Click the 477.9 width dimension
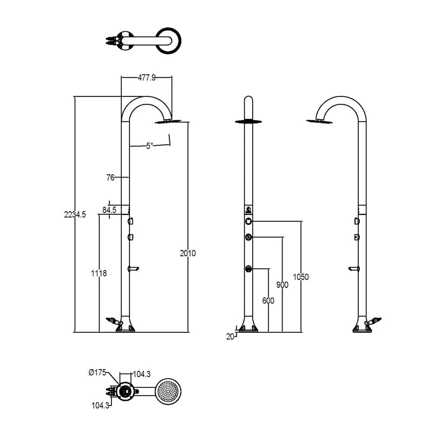(146, 78)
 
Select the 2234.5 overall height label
(75, 214)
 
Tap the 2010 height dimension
(188, 253)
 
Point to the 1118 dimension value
(99, 273)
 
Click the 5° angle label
(149, 146)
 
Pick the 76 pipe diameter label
(110, 178)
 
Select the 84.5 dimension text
(109, 210)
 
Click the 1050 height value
(301, 277)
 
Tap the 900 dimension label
(282, 285)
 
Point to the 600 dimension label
(268, 300)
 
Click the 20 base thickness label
(230, 337)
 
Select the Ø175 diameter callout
(97, 372)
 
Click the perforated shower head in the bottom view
(168, 391)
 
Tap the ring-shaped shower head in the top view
(168, 41)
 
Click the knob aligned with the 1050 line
(248, 221)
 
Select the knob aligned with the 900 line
(248, 237)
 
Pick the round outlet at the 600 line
(248, 268)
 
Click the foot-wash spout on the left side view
(133, 268)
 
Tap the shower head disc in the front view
(248, 121)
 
